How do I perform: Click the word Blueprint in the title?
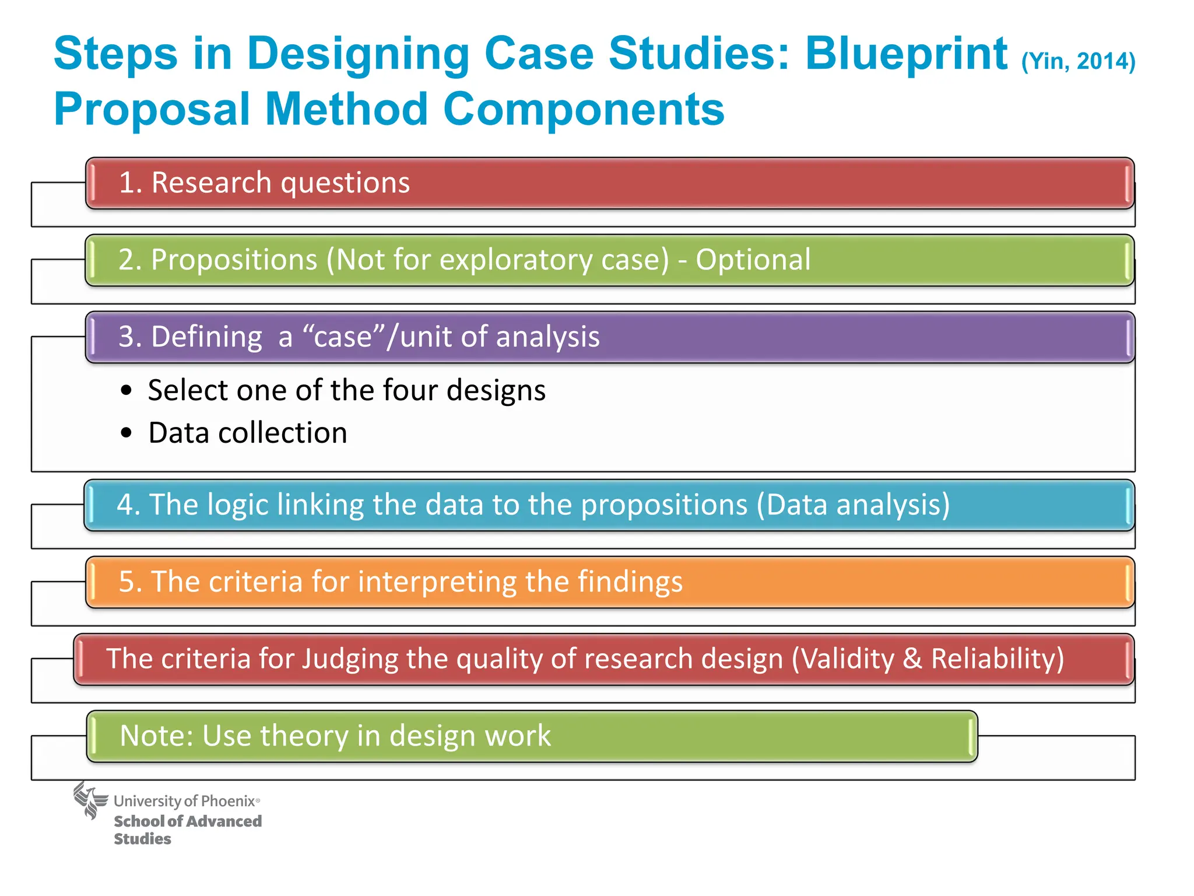[906, 54]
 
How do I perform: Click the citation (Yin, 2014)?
[1078, 61]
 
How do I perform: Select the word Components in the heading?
[583, 110]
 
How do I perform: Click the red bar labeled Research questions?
[609, 183]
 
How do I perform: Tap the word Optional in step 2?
[753, 260]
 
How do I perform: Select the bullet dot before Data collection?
[127, 433]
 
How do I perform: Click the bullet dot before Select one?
[127, 390]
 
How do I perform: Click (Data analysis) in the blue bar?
[853, 505]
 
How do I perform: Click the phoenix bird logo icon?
[90, 800]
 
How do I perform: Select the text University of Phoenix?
[184, 801]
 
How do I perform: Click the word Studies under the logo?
[142, 839]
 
